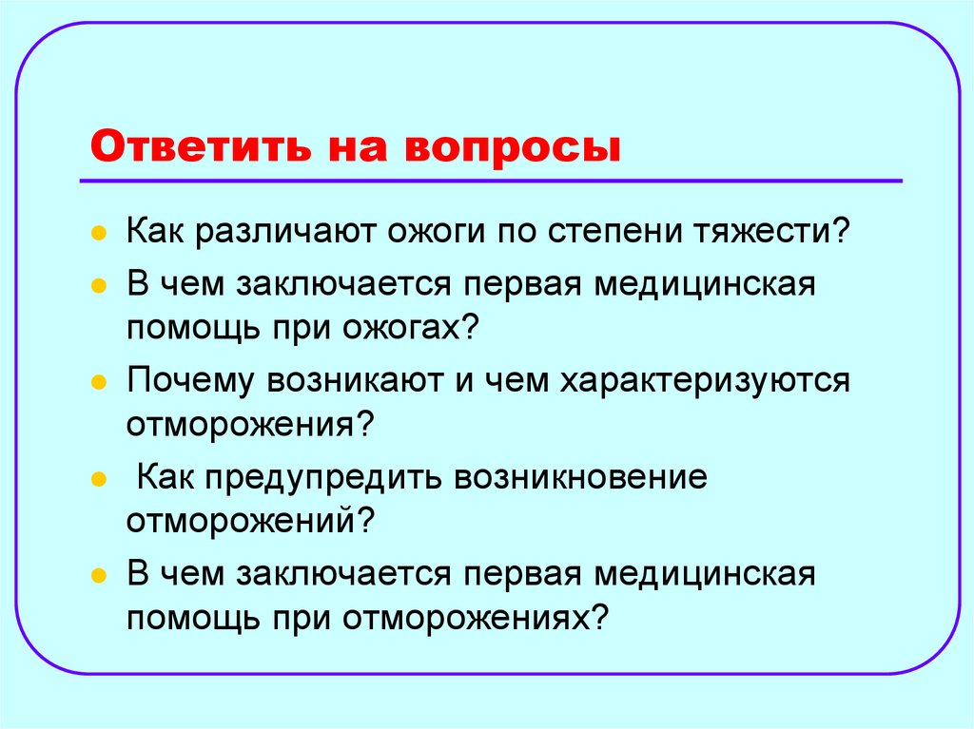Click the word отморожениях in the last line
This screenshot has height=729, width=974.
[x=463, y=619]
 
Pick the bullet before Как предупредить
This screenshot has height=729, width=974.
[x=98, y=480]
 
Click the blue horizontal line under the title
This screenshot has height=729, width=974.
[x=491, y=180]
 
